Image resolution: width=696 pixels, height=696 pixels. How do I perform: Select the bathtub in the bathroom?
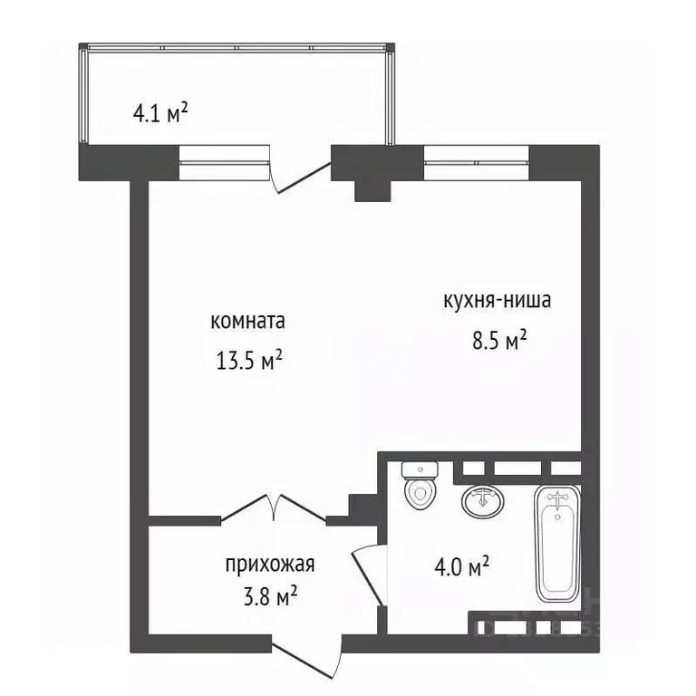click(556, 544)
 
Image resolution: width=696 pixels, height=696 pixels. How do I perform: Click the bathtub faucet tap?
click(556, 498)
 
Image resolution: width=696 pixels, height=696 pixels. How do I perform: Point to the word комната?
click(247, 322)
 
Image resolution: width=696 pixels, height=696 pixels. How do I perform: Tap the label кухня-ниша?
click(497, 301)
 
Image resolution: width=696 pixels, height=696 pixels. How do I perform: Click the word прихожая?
click(270, 565)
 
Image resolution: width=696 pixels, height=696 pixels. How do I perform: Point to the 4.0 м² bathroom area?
click(462, 567)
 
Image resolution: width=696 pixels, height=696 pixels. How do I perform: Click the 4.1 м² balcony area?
click(160, 113)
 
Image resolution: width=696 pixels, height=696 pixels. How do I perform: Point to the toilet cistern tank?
click(420, 469)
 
